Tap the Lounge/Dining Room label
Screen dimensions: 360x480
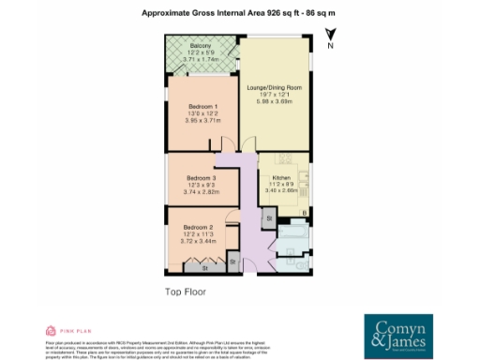pos(275,88)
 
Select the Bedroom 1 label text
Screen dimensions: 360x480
pos(202,107)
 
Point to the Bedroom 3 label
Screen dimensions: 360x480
pos(201,178)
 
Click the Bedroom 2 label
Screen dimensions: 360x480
pos(199,228)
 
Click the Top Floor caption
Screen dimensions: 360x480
pos(186,292)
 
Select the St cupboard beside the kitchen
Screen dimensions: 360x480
pos(269,218)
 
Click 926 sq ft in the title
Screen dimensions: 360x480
pos(261,13)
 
